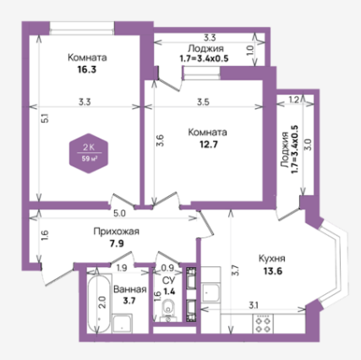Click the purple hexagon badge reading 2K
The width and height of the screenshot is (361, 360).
tap(89, 153)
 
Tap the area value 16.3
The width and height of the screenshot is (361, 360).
tap(87, 69)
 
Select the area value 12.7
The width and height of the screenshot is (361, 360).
tap(209, 145)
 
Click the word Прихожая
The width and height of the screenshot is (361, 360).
tap(117, 232)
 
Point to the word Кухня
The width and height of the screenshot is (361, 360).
tap(272, 259)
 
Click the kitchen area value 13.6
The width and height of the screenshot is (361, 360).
tap(273, 271)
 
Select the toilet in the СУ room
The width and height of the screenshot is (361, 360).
tap(168, 310)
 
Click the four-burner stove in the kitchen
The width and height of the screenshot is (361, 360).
tap(263, 325)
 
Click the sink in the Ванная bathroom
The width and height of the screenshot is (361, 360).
tap(123, 324)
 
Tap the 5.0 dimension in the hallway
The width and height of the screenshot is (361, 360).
tap(119, 214)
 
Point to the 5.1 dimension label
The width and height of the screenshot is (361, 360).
tap(46, 117)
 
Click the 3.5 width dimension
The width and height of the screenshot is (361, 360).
tap(203, 101)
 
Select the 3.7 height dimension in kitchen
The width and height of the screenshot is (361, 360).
tap(236, 270)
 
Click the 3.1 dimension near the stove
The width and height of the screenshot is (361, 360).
tap(254, 305)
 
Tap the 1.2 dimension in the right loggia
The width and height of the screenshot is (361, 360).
tap(294, 100)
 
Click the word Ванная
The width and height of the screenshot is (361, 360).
tap(130, 289)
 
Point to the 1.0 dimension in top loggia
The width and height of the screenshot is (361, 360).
tap(250, 51)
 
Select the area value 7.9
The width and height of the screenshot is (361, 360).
tap(117, 243)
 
